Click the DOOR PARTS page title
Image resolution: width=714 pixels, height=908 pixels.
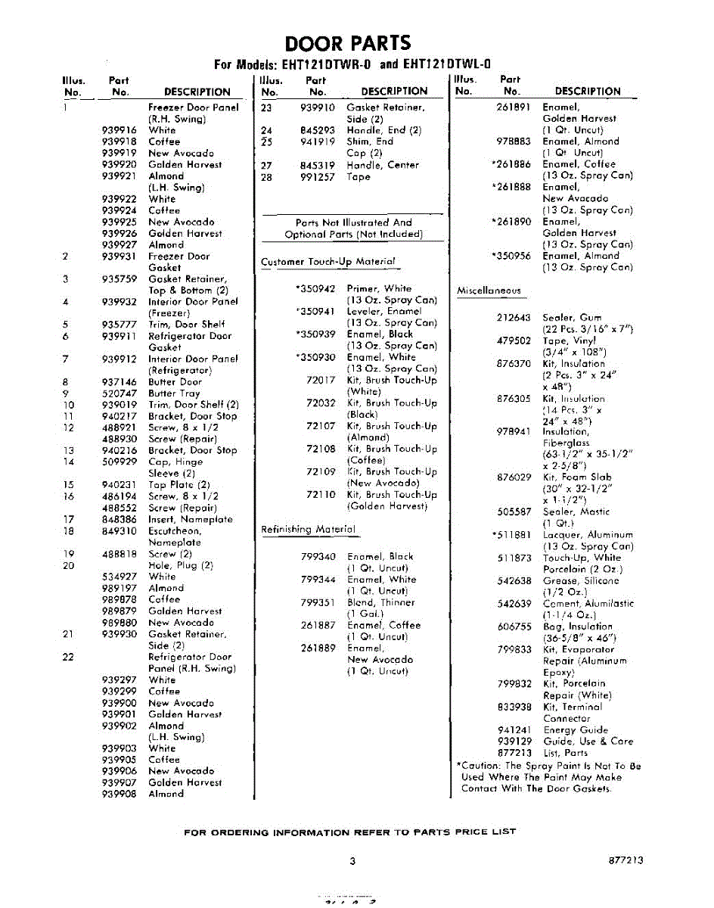[348, 43]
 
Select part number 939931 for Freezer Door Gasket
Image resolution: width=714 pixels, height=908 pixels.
[119, 257]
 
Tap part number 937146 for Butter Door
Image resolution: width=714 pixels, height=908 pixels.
[119, 382]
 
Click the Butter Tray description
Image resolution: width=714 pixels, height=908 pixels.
[174, 393]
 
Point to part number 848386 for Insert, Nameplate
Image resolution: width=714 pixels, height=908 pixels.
[119, 520]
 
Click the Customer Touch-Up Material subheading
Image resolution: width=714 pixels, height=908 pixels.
[328, 262]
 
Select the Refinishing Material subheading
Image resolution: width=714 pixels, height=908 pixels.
[308, 530]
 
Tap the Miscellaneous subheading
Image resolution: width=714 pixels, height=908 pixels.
[489, 291]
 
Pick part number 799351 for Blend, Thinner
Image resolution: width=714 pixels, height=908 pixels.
[318, 603]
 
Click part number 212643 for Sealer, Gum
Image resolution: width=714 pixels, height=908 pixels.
[514, 318]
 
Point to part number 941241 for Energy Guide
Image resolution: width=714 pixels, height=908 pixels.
[514, 730]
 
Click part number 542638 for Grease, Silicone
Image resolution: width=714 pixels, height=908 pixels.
[514, 581]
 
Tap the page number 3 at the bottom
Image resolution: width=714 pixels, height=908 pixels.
[352, 860]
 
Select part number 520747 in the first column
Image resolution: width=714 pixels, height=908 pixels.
[119, 393]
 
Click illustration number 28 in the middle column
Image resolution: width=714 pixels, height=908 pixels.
[266, 177]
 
